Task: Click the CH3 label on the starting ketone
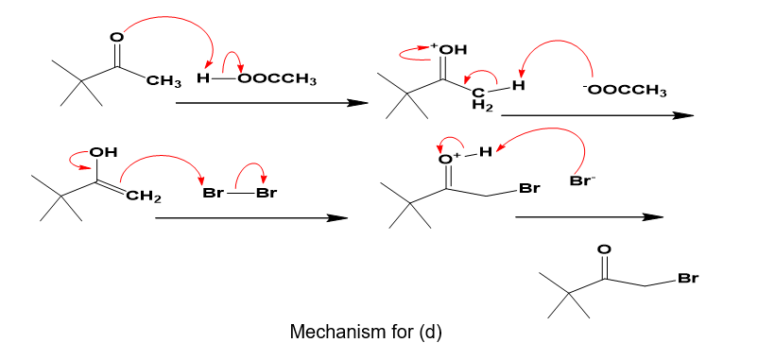click(164, 80)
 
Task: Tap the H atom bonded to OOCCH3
click(202, 78)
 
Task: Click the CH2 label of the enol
click(144, 198)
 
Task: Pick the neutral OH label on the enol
click(103, 152)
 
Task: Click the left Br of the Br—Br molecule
click(214, 193)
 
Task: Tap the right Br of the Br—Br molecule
click(267, 193)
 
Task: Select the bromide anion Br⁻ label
click(582, 180)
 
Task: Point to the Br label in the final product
click(687, 279)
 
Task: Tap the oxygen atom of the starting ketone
click(116, 36)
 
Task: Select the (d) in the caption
click(430, 332)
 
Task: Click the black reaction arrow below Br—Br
click(251, 217)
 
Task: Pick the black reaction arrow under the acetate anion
click(597, 115)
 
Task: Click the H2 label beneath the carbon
click(483, 105)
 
